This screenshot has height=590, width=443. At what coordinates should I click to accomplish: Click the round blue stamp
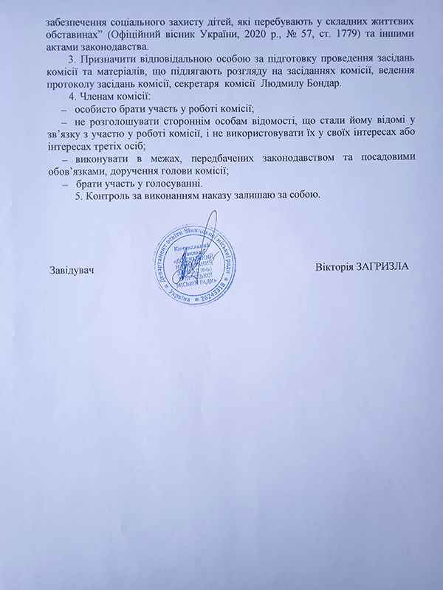198,265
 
